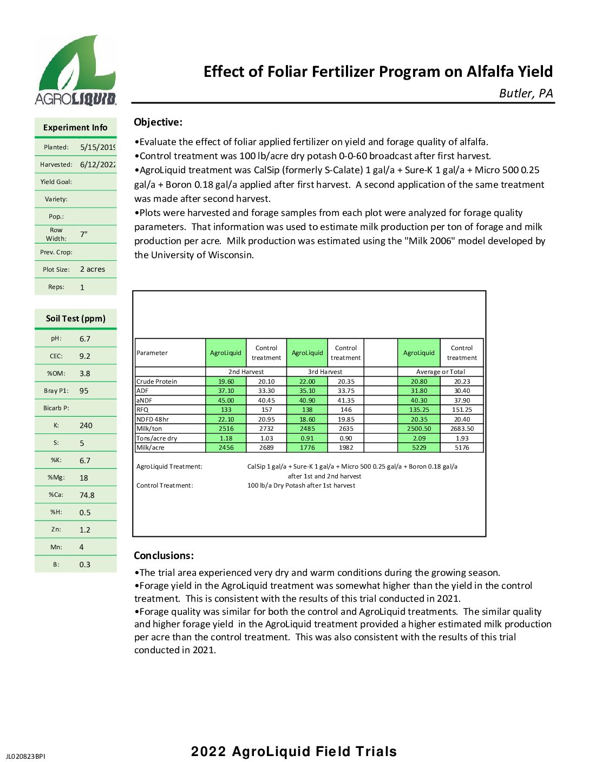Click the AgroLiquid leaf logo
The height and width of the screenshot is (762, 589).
pos(76,70)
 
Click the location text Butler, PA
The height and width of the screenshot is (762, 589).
pos(526,93)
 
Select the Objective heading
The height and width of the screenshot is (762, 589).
pos(158,122)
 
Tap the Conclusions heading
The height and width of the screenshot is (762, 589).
pos(163,555)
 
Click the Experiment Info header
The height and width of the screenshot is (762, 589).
pos(75,128)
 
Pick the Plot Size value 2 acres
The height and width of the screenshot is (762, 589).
pos(93,269)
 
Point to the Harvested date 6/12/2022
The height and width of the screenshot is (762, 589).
pos(97,165)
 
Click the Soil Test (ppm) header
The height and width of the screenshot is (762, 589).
pos(75,318)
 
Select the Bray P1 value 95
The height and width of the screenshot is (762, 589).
pos(84,391)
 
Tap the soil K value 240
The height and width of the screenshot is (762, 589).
pos(86,425)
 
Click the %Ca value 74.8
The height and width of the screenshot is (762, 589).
pos(87,495)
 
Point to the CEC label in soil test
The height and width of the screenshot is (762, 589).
pos(56,356)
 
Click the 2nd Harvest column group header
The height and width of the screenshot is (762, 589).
pos(246,372)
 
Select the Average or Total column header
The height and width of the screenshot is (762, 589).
pos(440,372)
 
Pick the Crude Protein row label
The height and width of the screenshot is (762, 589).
pos(156,382)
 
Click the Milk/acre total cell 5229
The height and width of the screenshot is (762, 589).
pos(419,448)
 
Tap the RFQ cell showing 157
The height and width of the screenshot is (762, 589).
pos(266,410)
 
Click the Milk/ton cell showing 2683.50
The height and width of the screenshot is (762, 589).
pos(462,429)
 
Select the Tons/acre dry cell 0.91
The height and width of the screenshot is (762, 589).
pos(307,438)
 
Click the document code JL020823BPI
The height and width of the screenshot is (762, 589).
pos(25,756)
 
